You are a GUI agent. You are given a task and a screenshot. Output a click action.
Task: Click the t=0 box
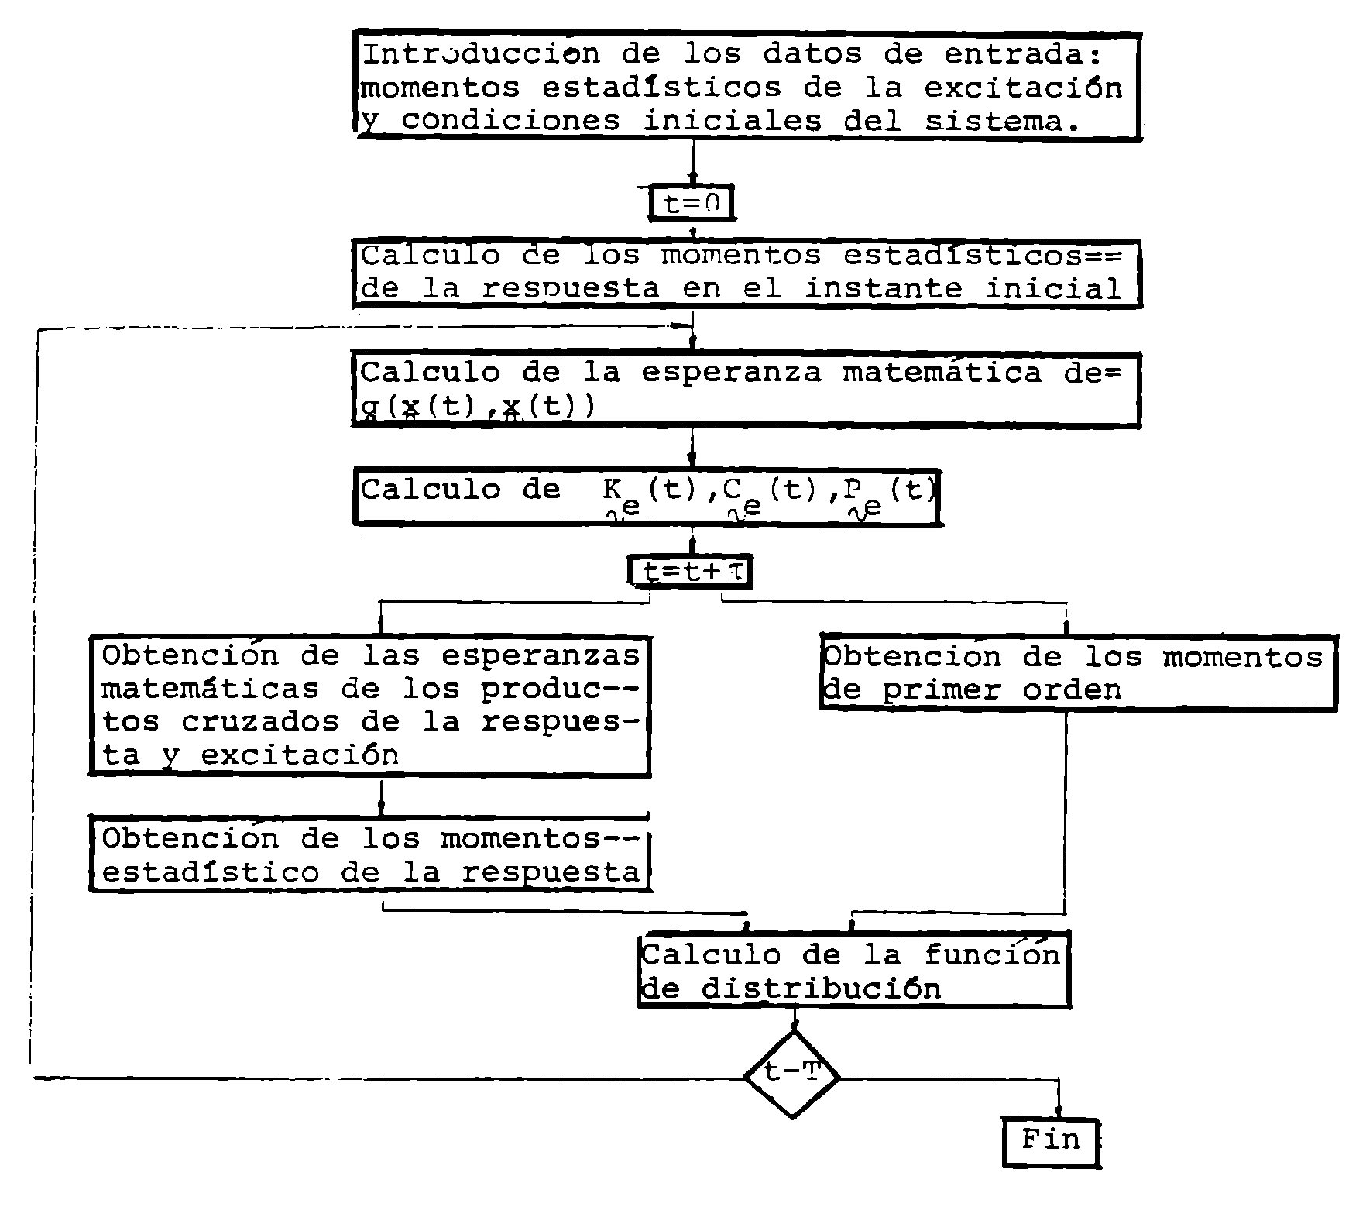click(x=691, y=204)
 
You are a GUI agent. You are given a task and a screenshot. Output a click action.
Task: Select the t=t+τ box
click(x=690, y=572)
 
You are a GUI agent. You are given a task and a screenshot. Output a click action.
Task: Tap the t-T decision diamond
click(x=791, y=1074)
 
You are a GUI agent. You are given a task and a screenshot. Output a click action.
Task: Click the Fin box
click(x=1051, y=1140)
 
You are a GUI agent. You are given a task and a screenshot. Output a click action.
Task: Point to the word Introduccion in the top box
click(x=481, y=54)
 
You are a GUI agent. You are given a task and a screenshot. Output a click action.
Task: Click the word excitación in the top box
click(x=1023, y=88)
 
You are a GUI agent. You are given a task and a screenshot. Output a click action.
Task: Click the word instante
click(x=883, y=289)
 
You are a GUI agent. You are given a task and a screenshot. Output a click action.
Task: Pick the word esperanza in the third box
click(x=731, y=373)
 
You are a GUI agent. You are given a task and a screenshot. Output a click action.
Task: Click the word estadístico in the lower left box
click(x=210, y=872)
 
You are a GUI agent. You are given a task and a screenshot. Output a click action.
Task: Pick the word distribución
click(x=821, y=989)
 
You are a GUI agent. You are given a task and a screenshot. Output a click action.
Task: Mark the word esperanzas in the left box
click(x=541, y=655)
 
